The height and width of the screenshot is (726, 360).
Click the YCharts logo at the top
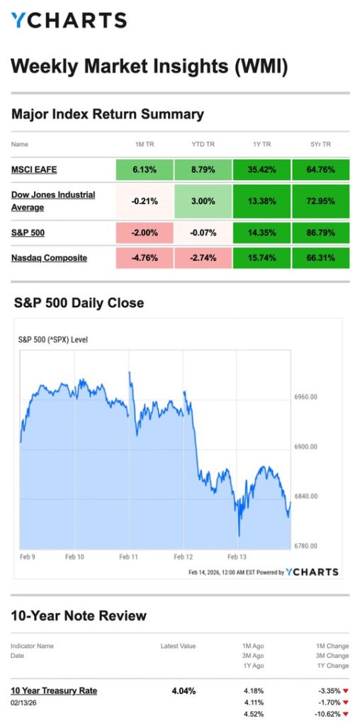point(69,20)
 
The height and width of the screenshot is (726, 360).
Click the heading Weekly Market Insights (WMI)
point(150,67)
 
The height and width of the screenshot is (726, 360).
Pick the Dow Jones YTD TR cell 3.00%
point(203,201)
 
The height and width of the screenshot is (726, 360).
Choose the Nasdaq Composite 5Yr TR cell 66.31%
point(320,257)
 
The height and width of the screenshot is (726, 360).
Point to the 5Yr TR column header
point(320,145)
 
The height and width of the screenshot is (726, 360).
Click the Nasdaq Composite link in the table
point(49,257)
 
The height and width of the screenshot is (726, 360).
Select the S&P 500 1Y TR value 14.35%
point(261,232)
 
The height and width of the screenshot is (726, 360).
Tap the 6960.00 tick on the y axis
point(305,397)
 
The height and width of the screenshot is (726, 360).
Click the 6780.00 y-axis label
point(305,546)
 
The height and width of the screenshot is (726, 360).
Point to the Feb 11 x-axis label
point(129,557)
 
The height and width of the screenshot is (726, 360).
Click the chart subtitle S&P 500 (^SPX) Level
point(52,340)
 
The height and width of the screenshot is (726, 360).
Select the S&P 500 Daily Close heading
point(79,303)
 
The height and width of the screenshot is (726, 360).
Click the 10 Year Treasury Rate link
point(54,690)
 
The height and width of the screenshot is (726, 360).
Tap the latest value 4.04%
point(184,691)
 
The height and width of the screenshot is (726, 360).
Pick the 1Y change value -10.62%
point(325,714)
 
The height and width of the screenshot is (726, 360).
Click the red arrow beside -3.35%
point(347,691)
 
